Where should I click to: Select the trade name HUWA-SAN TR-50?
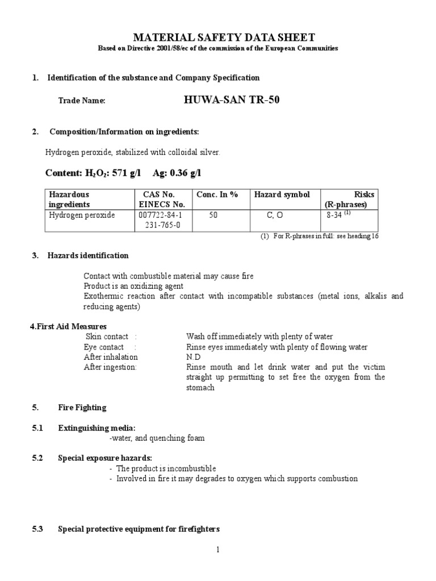(232, 100)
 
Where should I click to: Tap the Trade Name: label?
(82, 100)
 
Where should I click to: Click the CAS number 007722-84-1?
(161, 216)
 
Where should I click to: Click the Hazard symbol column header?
(282, 195)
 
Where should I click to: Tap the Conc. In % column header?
(217, 195)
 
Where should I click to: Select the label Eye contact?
(104, 347)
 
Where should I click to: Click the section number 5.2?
(37, 458)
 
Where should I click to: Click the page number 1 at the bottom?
(217, 549)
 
